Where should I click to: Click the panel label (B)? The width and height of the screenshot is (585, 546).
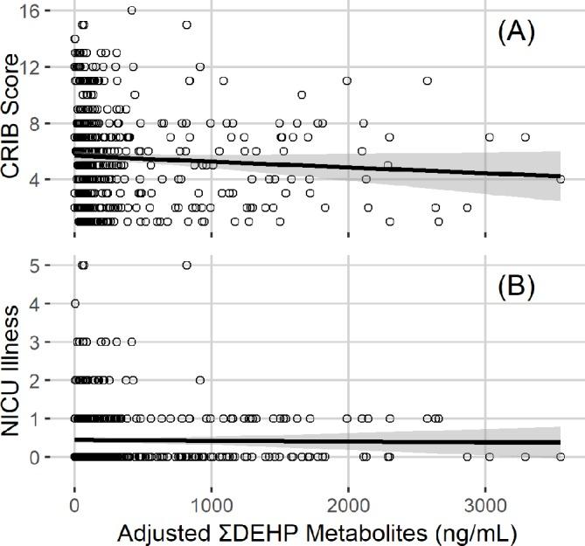pyautogui.click(x=516, y=285)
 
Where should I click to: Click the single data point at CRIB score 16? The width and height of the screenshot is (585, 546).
pyautogui.click(x=131, y=10)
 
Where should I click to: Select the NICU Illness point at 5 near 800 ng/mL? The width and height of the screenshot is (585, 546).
pyautogui.click(x=186, y=266)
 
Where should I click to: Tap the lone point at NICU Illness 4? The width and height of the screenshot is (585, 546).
pyautogui.click(x=75, y=304)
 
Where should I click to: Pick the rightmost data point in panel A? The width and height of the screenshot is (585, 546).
pyautogui.click(x=561, y=179)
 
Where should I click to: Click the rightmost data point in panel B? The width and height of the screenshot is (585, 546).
pyautogui.click(x=561, y=456)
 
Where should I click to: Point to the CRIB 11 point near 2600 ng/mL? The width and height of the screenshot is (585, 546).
pyautogui.click(x=428, y=80)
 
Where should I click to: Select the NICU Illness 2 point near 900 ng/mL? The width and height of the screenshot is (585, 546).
pyautogui.click(x=200, y=380)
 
